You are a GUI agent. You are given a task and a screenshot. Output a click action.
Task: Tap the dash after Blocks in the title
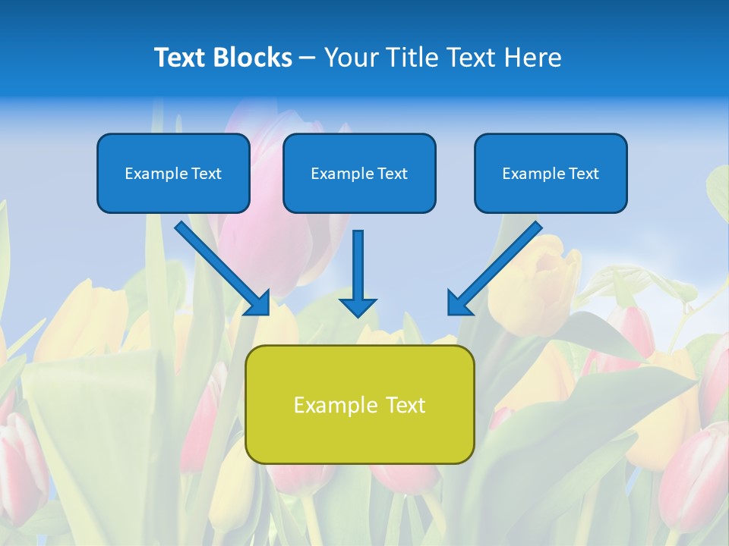pyautogui.click(x=308, y=58)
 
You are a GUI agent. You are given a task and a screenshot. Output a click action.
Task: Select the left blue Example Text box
pyautogui.click(x=173, y=173)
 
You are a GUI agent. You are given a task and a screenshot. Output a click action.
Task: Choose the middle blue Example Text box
pyautogui.click(x=359, y=173)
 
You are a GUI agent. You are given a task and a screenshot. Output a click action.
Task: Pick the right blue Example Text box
pyautogui.click(x=551, y=173)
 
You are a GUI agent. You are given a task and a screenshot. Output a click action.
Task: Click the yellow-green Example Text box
pyautogui.click(x=359, y=404)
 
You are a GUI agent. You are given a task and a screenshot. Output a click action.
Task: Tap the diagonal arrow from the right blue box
pyautogui.click(x=497, y=265)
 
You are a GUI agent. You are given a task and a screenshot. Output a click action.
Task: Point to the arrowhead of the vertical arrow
pyautogui.click(x=358, y=306)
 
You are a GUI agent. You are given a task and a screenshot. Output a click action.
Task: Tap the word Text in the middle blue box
pyautogui.click(x=393, y=174)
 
